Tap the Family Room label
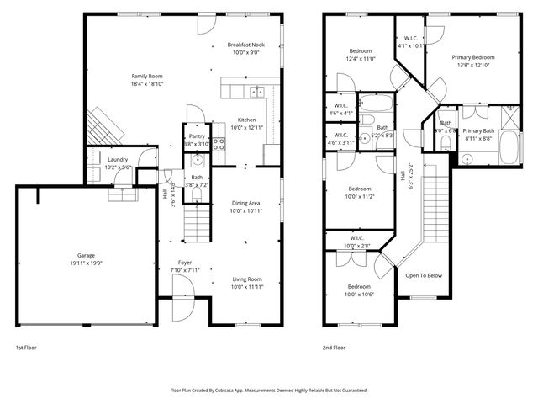[147, 75]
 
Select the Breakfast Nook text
[245, 45]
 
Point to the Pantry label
[197, 136]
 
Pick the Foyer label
[184, 262]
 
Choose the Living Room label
[247, 279]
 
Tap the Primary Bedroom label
[476, 57]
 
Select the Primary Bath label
[478, 131]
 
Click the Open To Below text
[424, 275]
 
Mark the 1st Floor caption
[26, 347]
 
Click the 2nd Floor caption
[334, 347]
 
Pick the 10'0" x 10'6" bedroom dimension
[359, 295]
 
